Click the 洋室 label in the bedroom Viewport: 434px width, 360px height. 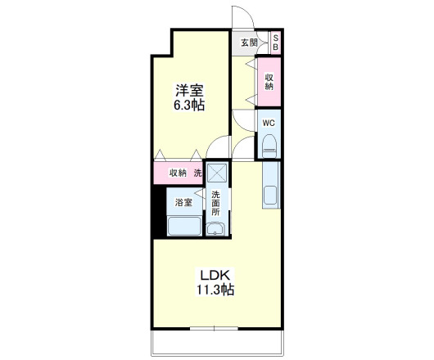189,90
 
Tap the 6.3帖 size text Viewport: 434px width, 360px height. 189,106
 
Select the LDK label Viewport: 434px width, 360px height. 215,275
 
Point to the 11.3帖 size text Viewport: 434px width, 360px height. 215,290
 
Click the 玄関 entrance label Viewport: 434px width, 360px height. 249,43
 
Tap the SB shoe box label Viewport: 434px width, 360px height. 275,43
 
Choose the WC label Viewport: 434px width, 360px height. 269,123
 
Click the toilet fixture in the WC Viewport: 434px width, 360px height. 269,146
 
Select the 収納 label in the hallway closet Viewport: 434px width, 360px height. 269,82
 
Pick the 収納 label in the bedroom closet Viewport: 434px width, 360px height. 178,173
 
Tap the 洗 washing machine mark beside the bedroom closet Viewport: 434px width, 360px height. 197,173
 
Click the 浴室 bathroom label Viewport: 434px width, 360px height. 183,202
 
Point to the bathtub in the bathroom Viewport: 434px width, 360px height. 184,226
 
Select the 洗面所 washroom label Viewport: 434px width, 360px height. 215,203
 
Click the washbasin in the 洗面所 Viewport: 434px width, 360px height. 215,229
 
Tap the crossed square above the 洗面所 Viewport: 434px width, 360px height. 217,173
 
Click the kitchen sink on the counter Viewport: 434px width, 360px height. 270,196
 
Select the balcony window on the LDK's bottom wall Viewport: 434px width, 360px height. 214,328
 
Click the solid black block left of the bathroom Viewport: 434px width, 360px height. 160,212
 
